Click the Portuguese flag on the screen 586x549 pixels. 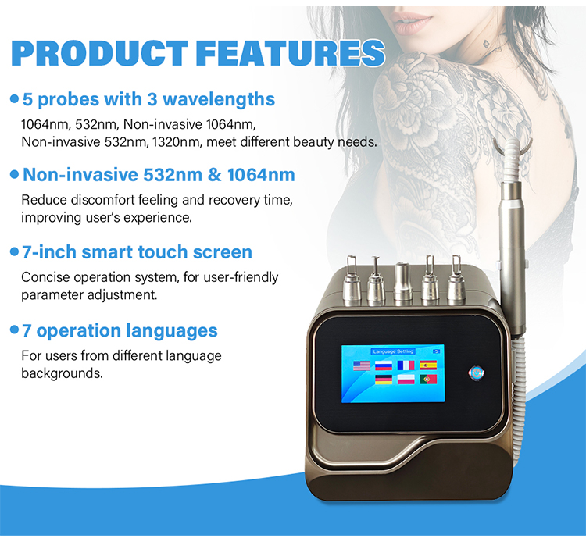pos(427,380)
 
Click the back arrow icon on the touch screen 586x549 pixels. pos(437,351)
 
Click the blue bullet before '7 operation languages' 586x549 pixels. pos(14,331)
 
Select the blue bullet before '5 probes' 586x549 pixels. pos(14,100)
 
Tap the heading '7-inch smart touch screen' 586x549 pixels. pos(137,252)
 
